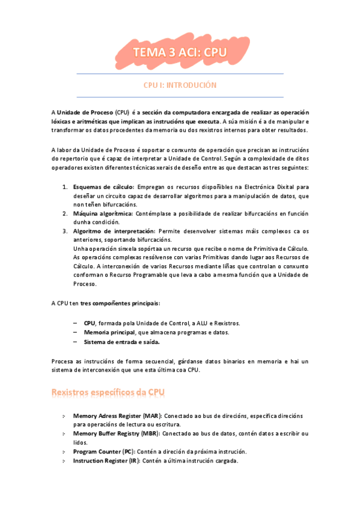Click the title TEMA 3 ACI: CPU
pos(180,53)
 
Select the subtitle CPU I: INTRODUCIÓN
pos(180,85)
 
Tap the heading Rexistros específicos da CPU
pos(108,392)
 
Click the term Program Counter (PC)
pos(103,451)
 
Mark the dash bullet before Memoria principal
pos(75,333)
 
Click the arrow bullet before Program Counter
pos(64,452)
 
